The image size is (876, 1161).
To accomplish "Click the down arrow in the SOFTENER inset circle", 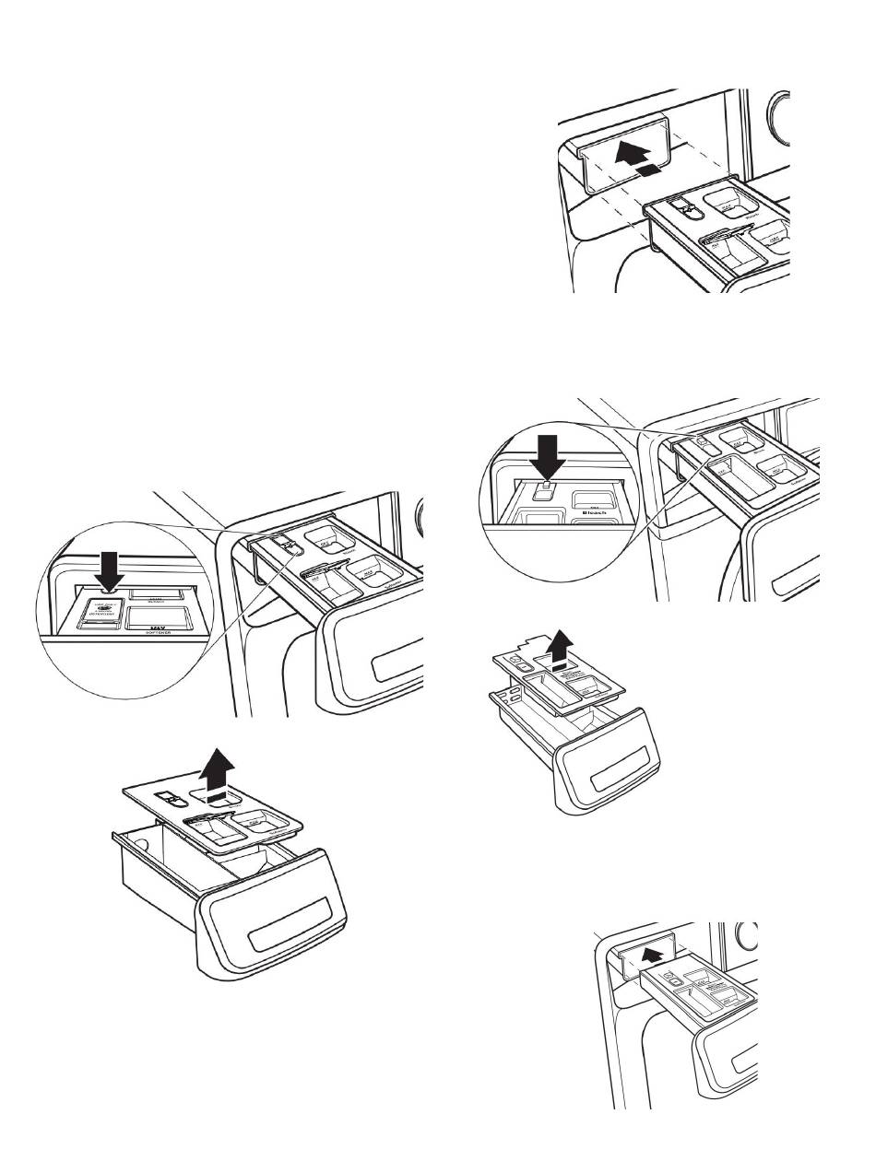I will point(110,569).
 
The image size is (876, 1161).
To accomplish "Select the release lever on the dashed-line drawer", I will point(682,209).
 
